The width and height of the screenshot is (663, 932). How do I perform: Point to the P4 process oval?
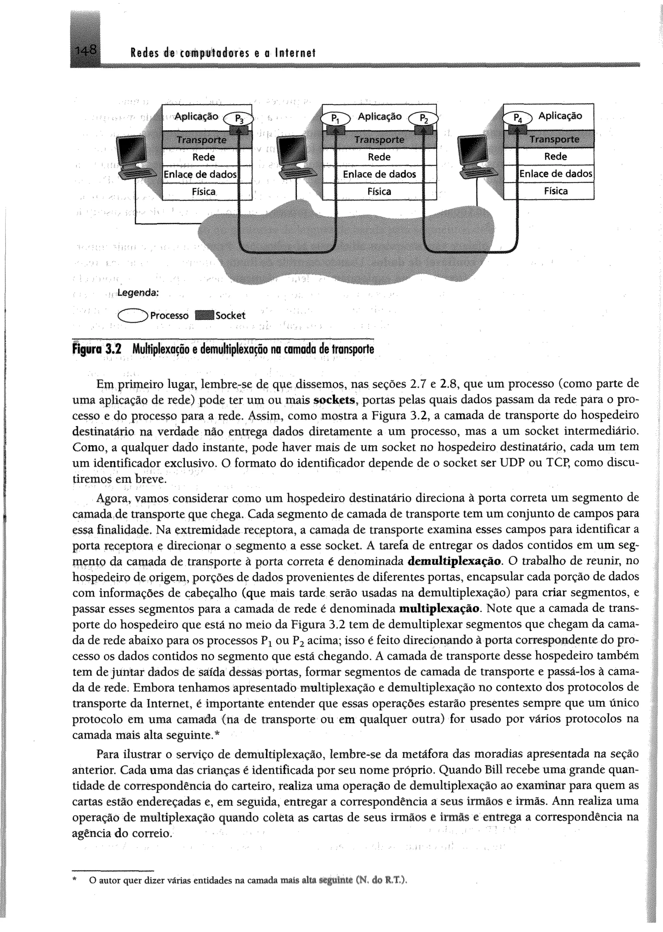pyautogui.click(x=517, y=119)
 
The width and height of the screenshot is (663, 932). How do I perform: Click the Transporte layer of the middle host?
pyautogui.click(x=379, y=139)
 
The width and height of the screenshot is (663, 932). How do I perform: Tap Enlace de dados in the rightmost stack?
pyautogui.click(x=556, y=174)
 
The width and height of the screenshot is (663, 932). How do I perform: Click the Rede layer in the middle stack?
pyautogui.click(x=379, y=157)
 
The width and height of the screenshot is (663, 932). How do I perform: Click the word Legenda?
pyautogui.click(x=138, y=293)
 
